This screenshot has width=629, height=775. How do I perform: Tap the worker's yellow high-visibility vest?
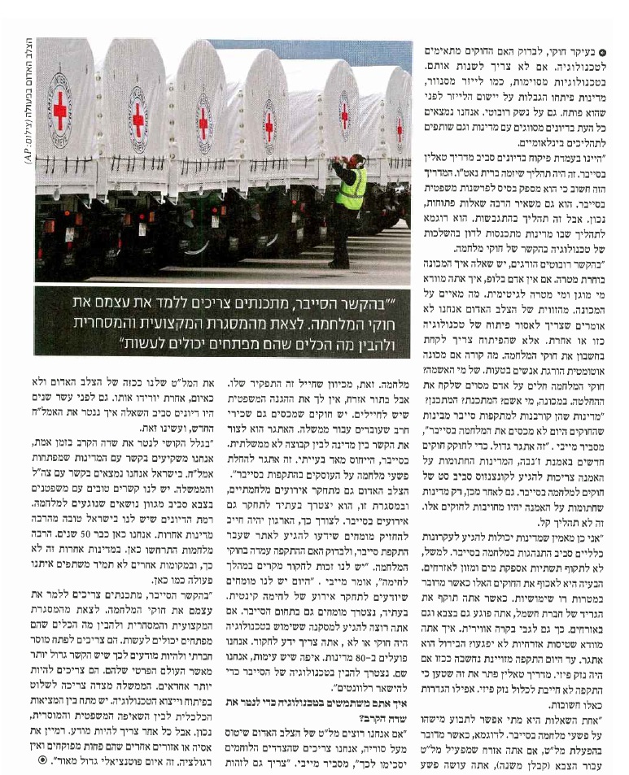[x=352, y=188]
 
